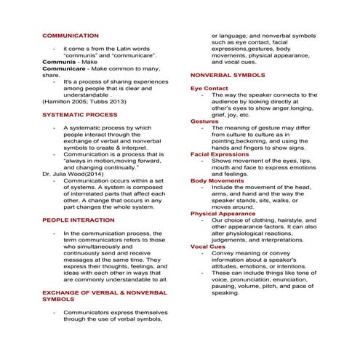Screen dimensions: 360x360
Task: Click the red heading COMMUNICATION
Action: coord(71,35)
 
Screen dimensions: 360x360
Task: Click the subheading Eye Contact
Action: coord(209,88)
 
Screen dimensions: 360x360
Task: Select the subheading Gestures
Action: coord(204,121)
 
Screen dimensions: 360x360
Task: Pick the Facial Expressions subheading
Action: coord(220,154)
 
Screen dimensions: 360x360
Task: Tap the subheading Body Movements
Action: coord(217,180)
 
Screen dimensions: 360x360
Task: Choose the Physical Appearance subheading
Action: coord(223,214)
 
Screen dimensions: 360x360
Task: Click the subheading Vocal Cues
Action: coord(208,247)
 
